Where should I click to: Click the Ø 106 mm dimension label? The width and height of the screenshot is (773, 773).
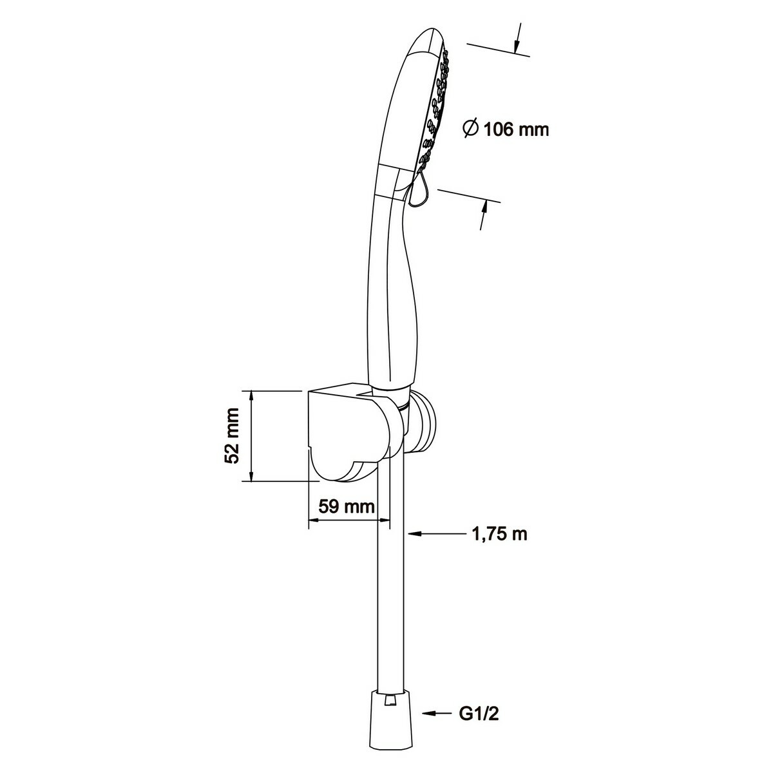point(506,129)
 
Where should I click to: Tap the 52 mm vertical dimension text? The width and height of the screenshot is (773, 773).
point(233,435)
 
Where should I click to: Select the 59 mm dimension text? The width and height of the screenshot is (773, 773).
point(347,507)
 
